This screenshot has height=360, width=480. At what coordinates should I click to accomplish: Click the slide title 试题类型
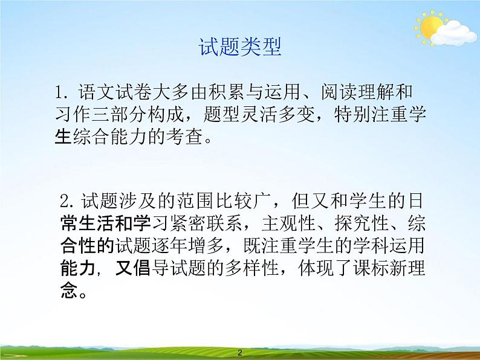pyautogui.click(x=240, y=47)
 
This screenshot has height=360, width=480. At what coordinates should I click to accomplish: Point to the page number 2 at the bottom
pyautogui.click(x=240, y=353)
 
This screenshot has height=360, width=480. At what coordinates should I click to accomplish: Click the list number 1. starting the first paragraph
pyautogui.click(x=63, y=94)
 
